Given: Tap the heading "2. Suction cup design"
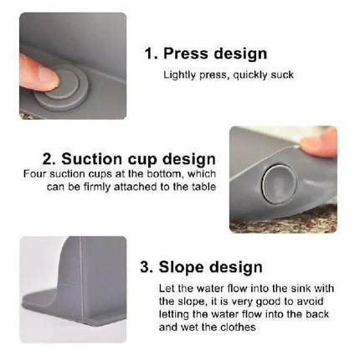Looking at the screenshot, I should tap(129, 158).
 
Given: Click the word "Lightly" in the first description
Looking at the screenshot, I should tap(177, 75).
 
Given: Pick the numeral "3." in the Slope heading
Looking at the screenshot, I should tap(147, 267).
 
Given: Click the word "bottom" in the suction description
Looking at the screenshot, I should tap(165, 173).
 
